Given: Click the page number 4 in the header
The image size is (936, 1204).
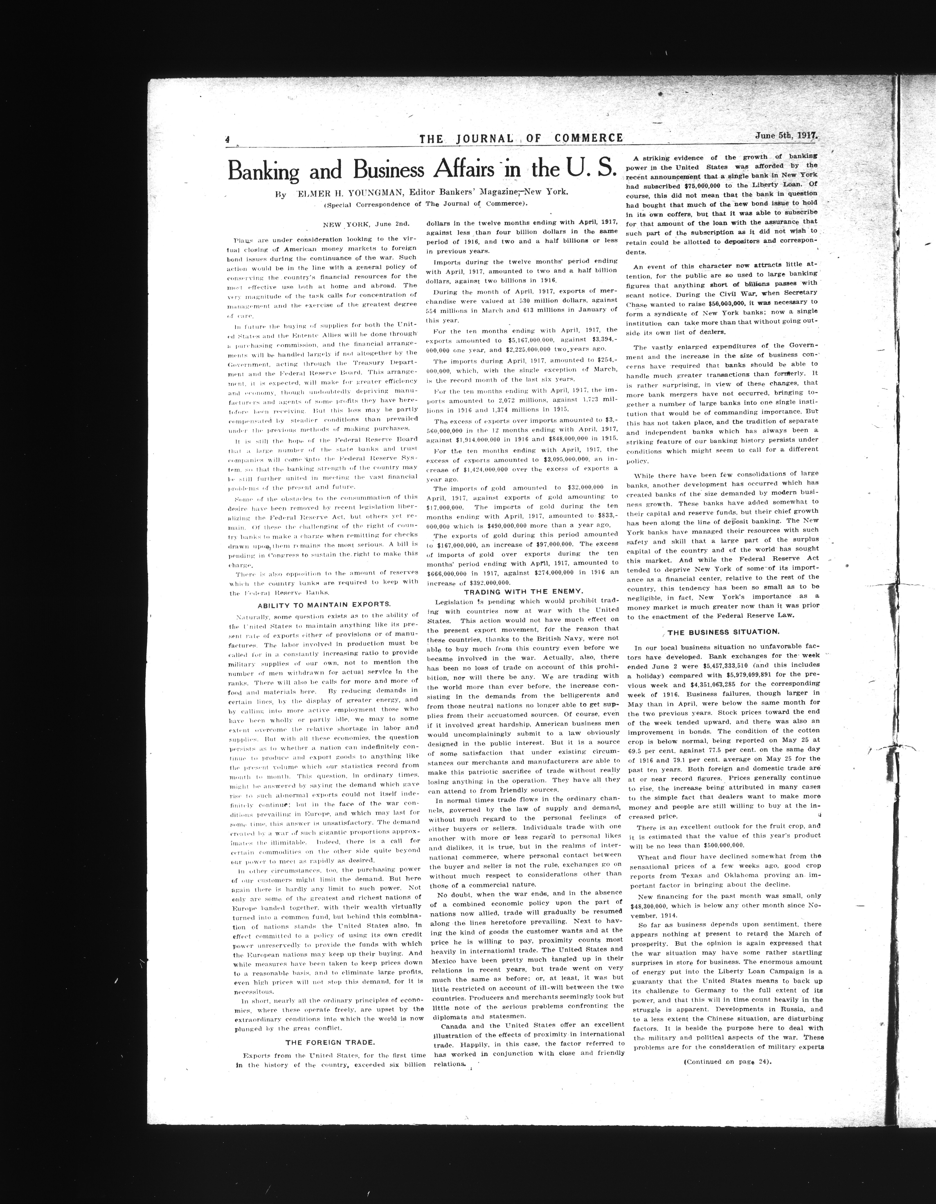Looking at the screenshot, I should point(227,139).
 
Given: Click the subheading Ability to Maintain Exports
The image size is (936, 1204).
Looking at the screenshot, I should point(325,604).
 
